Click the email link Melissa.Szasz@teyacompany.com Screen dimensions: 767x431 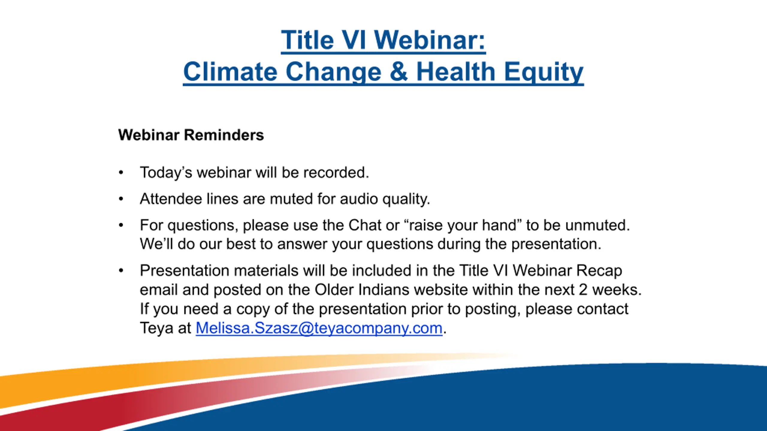coord(319,328)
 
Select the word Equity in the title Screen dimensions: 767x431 coord(544,72)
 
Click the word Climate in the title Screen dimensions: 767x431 coord(230,72)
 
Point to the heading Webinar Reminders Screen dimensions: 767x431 coord(191,135)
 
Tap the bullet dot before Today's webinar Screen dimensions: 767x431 coord(121,172)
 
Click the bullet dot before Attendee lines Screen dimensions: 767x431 coord(121,199)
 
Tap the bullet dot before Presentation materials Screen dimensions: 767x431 coord(121,271)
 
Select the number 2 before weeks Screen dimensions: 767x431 coord(583,290)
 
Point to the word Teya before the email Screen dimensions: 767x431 coord(157,329)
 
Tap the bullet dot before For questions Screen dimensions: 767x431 coord(121,225)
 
